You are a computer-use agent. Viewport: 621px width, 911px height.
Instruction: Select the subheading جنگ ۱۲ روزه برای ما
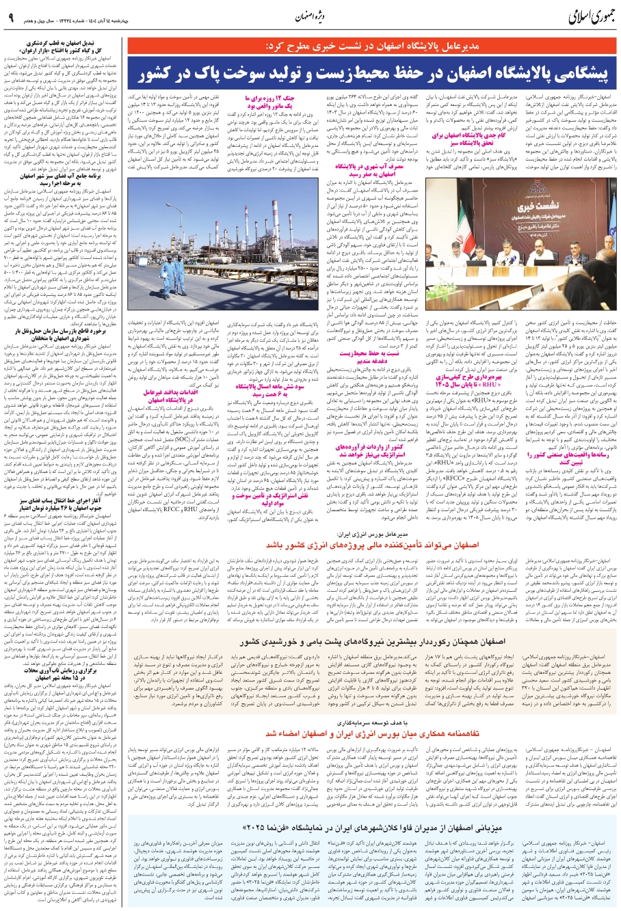coord(254,98)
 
